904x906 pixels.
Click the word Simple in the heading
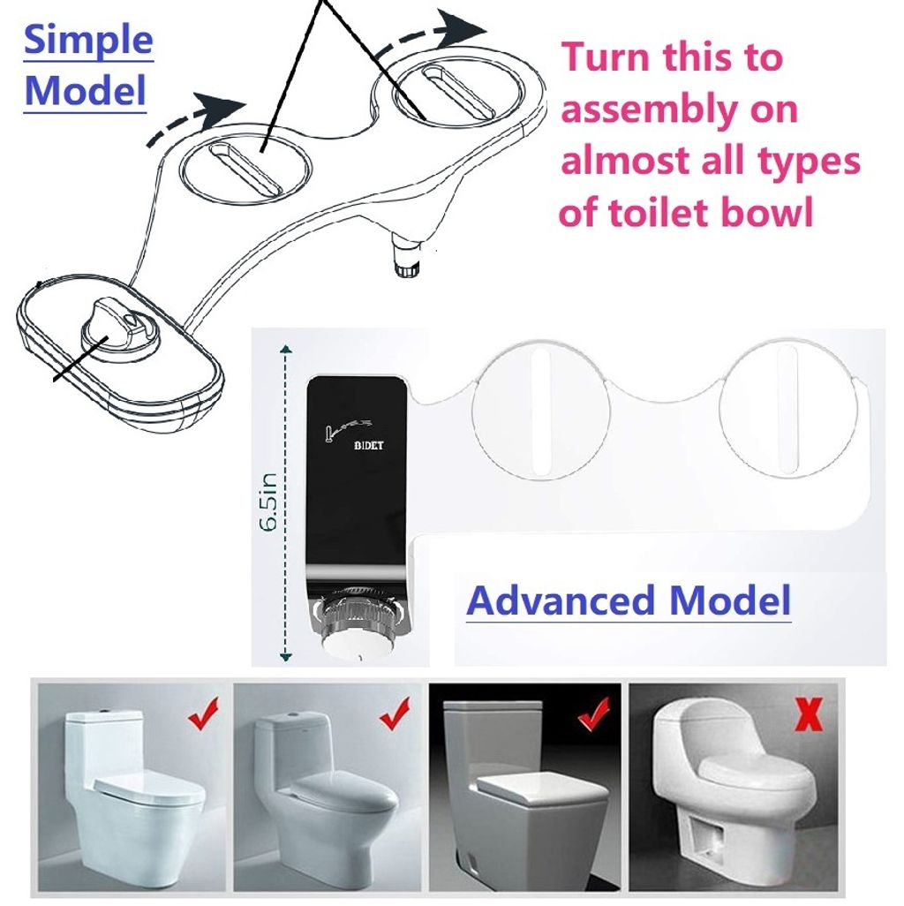(x=88, y=41)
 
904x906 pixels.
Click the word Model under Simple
(x=85, y=91)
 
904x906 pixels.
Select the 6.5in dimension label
(x=268, y=502)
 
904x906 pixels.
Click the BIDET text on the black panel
(x=368, y=445)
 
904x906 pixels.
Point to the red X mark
(x=809, y=714)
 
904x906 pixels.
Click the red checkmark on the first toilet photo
(x=203, y=713)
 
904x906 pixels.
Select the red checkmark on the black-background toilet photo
(x=594, y=714)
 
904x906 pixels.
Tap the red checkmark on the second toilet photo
(x=395, y=713)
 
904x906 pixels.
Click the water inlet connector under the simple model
(x=408, y=254)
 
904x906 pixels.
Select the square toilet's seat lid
(x=534, y=786)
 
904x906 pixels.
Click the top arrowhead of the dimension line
(x=285, y=349)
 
